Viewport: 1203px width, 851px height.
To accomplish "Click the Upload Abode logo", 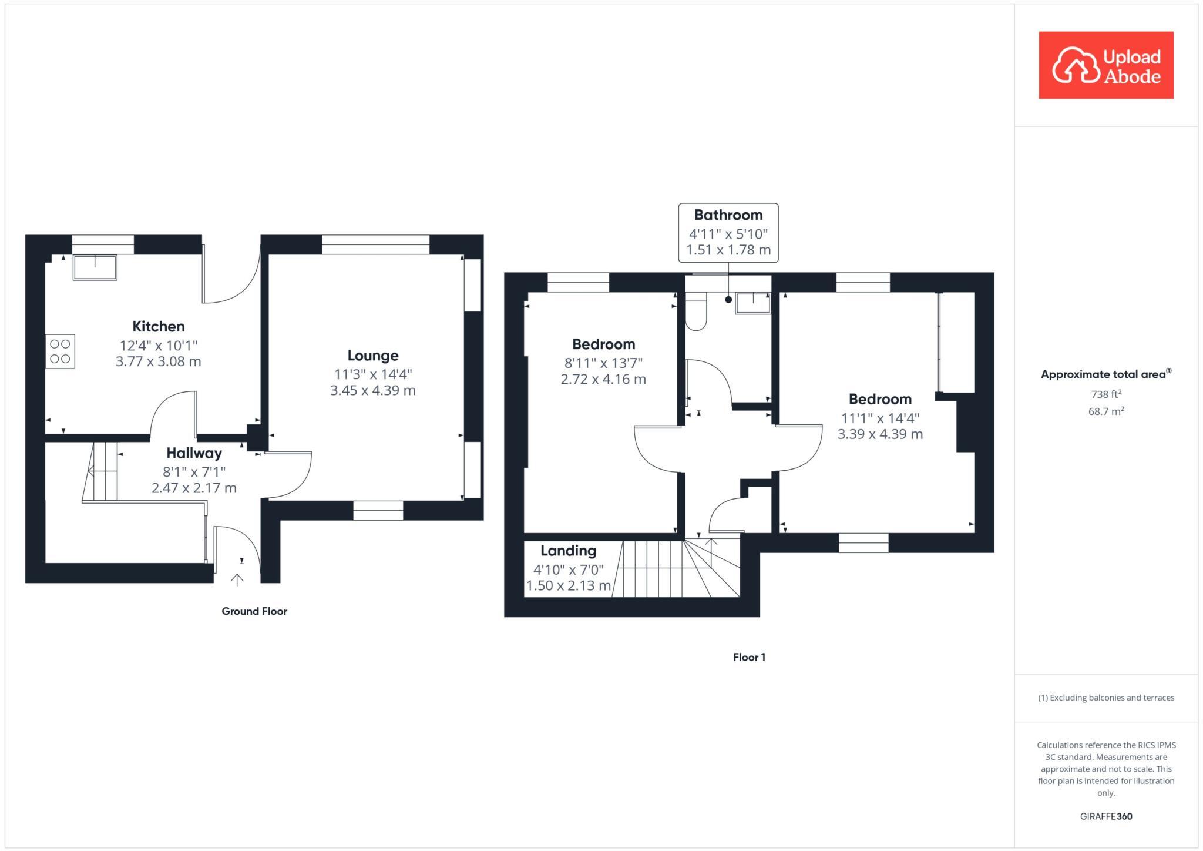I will pos(1105,65).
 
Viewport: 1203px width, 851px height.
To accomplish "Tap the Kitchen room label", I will pos(158,326).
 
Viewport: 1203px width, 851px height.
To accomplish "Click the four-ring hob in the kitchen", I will pos(60,351).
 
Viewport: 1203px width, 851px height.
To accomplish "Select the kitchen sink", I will pos(95,267).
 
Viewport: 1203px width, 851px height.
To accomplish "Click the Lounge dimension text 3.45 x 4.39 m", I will pos(372,390).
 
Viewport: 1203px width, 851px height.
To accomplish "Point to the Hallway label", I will pos(194,453).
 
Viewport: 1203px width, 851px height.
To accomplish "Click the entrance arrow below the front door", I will pos(237,581).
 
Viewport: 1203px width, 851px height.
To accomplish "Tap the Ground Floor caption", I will pos(254,611).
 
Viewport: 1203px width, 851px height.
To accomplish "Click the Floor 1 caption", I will pos(749,657).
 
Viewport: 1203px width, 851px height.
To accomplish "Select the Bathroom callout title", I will pos(728,215).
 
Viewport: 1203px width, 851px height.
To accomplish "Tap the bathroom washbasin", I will pos(752,303).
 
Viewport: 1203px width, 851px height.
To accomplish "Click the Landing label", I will pos(568,551).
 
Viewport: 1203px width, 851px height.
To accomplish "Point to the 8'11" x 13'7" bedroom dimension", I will pos(603,363).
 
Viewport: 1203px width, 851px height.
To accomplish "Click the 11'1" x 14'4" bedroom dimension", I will pos(879,418).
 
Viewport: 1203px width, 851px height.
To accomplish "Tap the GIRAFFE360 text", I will pos(1105,816).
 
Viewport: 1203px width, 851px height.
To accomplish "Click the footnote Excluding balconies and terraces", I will pos(1105,698).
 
